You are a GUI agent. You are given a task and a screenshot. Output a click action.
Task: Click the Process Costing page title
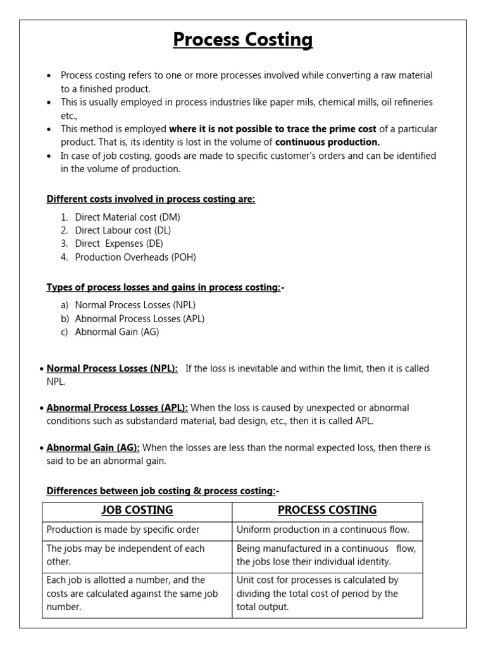coord(243,40)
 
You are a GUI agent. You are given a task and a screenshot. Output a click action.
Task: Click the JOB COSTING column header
coord(137,510)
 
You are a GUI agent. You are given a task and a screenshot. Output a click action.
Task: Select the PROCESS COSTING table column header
coord(327,510)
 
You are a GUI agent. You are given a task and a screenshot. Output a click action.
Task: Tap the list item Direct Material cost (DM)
coord(127,217)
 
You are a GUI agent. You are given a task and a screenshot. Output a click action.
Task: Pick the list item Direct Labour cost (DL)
coord(123,230)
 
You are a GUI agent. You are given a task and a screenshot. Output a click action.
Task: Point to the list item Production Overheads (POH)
coord(135,257)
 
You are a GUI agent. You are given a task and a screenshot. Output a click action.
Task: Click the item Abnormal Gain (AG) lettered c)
coord(117,332)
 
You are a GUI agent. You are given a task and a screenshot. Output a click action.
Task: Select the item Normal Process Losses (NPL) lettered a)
coord(135,305)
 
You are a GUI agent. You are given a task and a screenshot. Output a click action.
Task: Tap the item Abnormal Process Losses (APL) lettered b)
coord(140,318)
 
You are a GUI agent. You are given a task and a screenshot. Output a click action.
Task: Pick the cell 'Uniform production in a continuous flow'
coord(323,530)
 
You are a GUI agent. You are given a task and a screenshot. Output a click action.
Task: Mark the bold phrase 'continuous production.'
coord(328,142)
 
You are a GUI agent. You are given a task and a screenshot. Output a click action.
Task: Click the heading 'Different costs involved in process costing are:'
coord(151,199)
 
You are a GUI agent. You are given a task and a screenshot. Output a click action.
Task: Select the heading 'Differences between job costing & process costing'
coord(161,491)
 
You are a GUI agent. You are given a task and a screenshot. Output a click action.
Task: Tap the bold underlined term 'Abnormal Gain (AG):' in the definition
coord(93,447)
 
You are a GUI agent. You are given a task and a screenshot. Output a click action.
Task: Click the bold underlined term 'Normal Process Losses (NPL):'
coord(112,368)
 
